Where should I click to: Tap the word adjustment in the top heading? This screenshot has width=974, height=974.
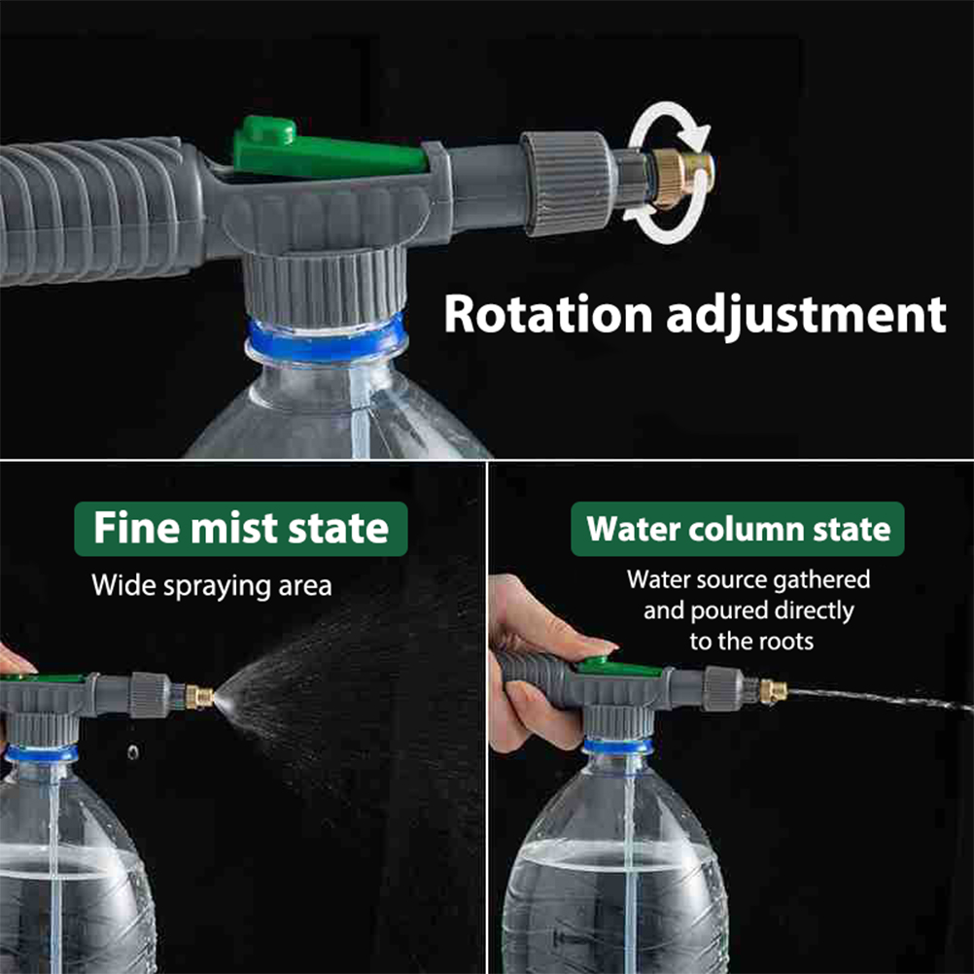click(806, 317)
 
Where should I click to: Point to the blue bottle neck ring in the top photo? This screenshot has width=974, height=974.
click(326, 340)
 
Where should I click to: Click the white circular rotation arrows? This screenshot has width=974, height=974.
click(669, 172)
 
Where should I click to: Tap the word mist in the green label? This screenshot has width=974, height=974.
click(234, 529)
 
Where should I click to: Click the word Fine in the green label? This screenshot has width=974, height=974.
click(137, 528)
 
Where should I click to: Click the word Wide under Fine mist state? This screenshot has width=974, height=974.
click(123, 585)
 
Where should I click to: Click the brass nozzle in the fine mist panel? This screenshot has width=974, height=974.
click(198, 697)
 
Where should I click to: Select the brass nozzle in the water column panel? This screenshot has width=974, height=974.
click(774, 691)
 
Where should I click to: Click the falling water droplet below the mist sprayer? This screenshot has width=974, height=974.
click(133, 752)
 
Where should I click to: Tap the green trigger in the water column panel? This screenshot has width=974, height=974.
click(618, 667)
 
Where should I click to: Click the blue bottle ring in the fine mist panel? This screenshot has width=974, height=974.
click(42, 754)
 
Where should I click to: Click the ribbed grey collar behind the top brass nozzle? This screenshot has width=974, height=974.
click(567, 184)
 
